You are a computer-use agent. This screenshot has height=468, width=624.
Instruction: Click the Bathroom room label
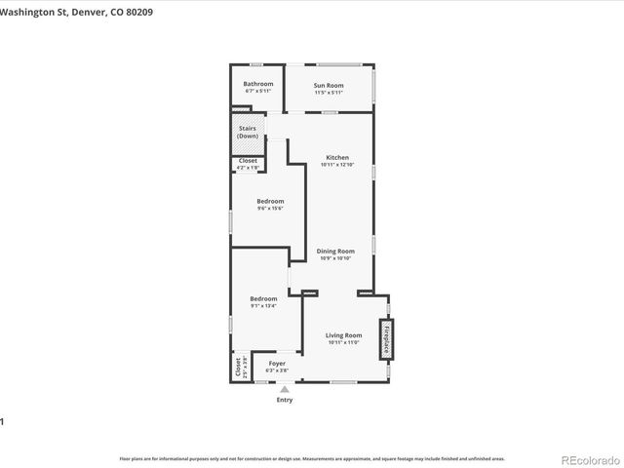pyautogui.click(x=258, y=84)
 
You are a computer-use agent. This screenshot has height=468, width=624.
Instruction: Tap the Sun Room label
pyautogui.click(x=328, y=85)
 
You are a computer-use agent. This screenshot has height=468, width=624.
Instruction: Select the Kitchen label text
pyautogui.click(x=337, y=157)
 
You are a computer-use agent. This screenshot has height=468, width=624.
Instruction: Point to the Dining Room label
pyautogui.click(x=335, y=251)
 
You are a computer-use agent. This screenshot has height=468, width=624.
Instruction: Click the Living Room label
pyautogui.click(x=343, y=335)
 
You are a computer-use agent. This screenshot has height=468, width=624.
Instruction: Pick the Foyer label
pyautogui.click(x=277, y=365)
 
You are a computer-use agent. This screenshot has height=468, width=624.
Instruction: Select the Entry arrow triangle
pyautogui.click(x=285, y=389)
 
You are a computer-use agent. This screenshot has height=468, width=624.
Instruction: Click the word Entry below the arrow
pyautogui.click(x=285, y=400)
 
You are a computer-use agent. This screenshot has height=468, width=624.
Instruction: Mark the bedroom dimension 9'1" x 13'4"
pyautogui.click(x=263, y=306)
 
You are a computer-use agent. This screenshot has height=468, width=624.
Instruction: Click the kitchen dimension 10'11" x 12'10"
pyautogui.click(x=337, y=165)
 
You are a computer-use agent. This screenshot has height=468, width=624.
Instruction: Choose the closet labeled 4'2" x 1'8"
pyautogui.click(x=248, y=168)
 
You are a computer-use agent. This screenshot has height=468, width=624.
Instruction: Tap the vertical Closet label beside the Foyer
pyautogui.click(x=237, y=368)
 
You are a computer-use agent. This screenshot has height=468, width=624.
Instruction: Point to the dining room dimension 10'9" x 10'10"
pyautogui.click(x=335, y=258)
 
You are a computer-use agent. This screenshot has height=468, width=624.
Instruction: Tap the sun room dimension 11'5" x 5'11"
pyautogui.click(x=328, y=93)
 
